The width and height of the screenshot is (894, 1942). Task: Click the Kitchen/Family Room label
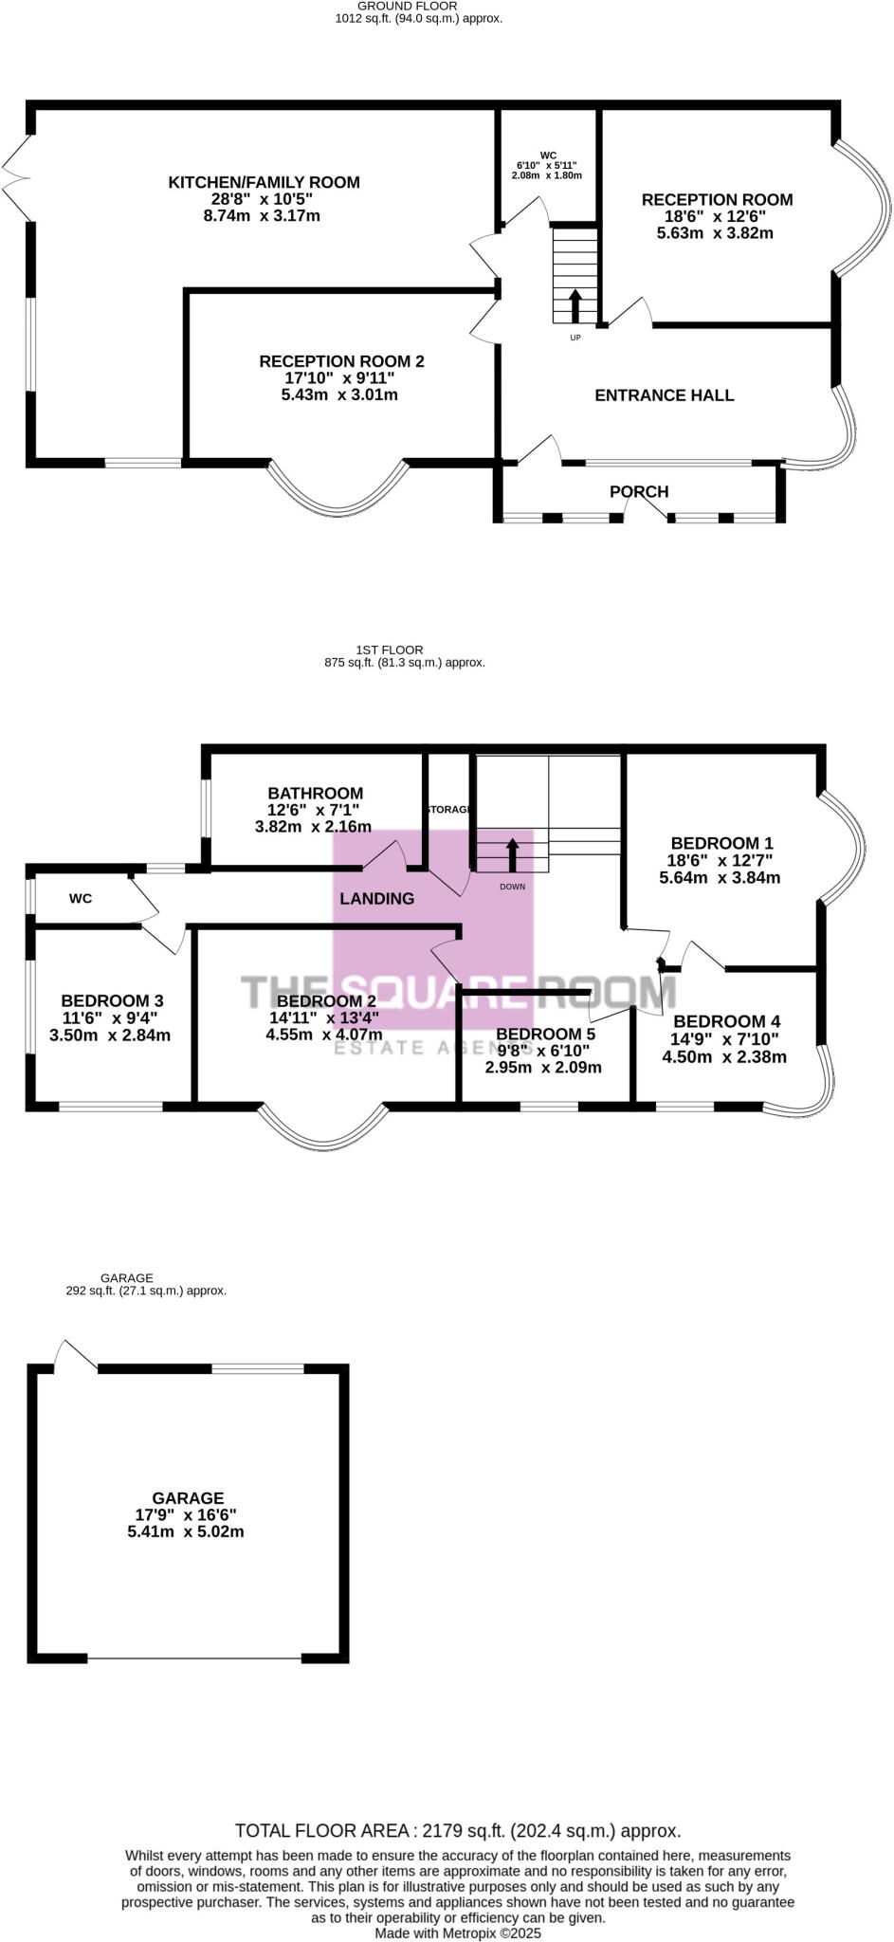(x=264, y=182)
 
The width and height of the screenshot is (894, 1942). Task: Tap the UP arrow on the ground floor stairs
(x=575, y=306)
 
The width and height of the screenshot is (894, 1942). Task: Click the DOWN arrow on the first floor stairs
(x=513, y=854)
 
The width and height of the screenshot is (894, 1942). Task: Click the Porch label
(x=639, y=491)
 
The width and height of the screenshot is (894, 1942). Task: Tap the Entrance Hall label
(x=664, y=395)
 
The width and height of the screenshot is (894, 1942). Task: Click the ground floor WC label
(x=548, y=156)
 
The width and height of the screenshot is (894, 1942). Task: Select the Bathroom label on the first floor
(x=315, y=793)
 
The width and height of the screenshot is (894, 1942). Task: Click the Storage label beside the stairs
(x=449, y=809)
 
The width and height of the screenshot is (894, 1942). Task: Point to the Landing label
(x=376, y=898)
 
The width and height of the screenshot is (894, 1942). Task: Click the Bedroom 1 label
(x=721, y=843)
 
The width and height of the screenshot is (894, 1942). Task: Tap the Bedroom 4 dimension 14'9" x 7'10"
(x=724, y=1039)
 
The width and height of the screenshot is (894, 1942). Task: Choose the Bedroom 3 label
(x=112, y=1000)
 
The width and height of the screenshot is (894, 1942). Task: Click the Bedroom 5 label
(x=545, y=1034)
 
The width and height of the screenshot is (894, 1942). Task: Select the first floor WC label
(x=81, y=898)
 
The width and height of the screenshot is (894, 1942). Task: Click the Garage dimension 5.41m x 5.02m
(x=186, y=1531)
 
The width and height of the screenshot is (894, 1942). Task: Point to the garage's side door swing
(x=72, y=1353)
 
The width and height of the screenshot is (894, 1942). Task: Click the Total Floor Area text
(x=457, y=1830)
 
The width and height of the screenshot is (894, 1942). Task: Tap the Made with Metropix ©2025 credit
(x=457, y=1932)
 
